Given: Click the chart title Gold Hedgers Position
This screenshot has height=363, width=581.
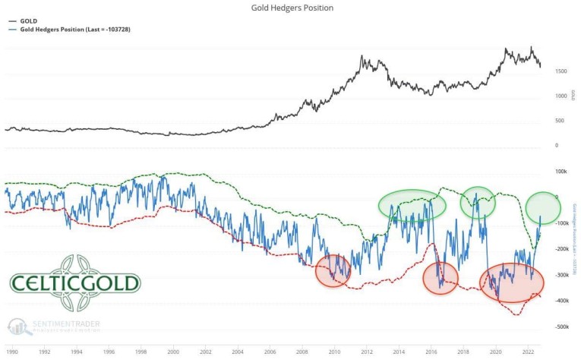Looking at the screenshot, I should tap(292, 8).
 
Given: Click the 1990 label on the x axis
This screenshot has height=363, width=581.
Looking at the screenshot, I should tap(12, 352).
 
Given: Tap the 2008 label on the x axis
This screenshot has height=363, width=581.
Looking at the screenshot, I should tap(302, 352).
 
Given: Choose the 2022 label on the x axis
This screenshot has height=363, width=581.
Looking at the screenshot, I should tap(528, 352).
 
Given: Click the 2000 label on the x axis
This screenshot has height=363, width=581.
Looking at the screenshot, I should tap(173, 352).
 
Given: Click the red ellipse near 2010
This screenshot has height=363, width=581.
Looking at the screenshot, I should tap(333, 270).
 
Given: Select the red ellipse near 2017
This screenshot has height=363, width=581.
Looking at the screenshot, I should tap(440, 278).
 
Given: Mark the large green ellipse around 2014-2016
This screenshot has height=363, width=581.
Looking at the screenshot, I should tap(412, 206).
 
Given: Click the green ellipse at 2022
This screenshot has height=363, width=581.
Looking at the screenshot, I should tap(543, 207).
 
